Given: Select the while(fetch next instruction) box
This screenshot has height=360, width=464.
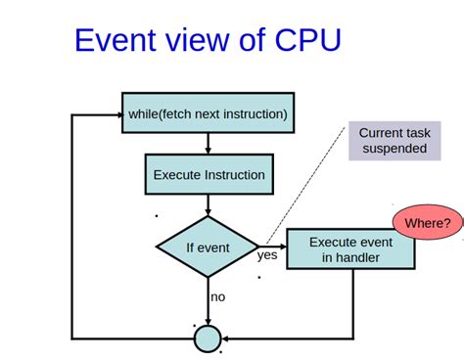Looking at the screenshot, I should click(x=208, y=113).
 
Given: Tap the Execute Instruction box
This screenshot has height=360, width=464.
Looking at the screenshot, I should click(x=209, y=175).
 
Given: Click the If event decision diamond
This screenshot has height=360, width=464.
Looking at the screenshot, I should click(x=208, y=247).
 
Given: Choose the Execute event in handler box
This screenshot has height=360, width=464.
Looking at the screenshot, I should click(x=350, y=249).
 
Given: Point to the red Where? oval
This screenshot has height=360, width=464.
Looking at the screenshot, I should click(x=428, y=223).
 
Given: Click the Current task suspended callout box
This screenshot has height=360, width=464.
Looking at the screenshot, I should click(x=393, y=141).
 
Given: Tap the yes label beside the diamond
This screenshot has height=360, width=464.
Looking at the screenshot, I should click(x=267, y=255).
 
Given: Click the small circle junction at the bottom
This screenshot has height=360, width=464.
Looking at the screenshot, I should click(x=208, y=338).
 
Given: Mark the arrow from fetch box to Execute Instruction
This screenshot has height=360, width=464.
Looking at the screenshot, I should click(x=208, y=143).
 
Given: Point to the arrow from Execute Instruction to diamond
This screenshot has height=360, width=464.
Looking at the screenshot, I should click(x=208, y=205).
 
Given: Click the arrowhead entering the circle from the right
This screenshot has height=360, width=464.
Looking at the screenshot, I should click(x=228, y=338).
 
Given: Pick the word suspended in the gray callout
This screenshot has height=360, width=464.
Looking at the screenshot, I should click(x=393, y=149).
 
